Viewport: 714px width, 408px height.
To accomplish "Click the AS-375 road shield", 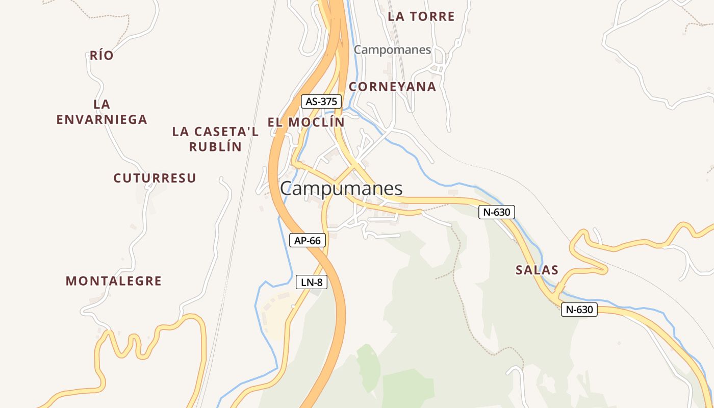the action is [x=321, y=101].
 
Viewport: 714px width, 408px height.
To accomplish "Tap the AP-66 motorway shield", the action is [x=308, y=240].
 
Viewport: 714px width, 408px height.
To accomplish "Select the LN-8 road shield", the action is [x=312, y=282].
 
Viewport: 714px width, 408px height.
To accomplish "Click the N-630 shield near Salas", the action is [x=579, y=309].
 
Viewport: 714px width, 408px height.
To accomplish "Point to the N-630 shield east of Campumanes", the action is [x=497, y=212].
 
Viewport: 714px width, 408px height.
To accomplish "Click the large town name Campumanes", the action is [x=341, y=189].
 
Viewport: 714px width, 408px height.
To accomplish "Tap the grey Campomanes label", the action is [x=392, y=50].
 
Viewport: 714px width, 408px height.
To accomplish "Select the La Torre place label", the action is [x=421, y=16].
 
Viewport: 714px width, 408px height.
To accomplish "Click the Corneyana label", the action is [x=392, y=87].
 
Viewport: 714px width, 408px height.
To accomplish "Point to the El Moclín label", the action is [x=306, y=122].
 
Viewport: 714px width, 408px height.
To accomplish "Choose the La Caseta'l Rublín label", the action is [x=215, y=139].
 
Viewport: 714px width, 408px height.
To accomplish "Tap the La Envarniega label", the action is [x=102, y=112].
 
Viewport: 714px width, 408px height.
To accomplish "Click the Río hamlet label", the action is [x=101, y=56].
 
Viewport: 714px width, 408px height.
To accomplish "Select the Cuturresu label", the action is [x=155, y=178].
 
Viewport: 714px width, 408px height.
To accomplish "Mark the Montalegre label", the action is [x=114, y=280].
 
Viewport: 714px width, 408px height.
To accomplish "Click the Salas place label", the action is [x=537, y=270].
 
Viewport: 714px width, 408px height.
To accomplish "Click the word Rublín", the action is [x=215, y=147].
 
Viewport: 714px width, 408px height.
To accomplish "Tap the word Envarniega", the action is [x=102, y=120].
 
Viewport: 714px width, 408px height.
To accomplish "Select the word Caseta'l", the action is [x=227, y=132].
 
